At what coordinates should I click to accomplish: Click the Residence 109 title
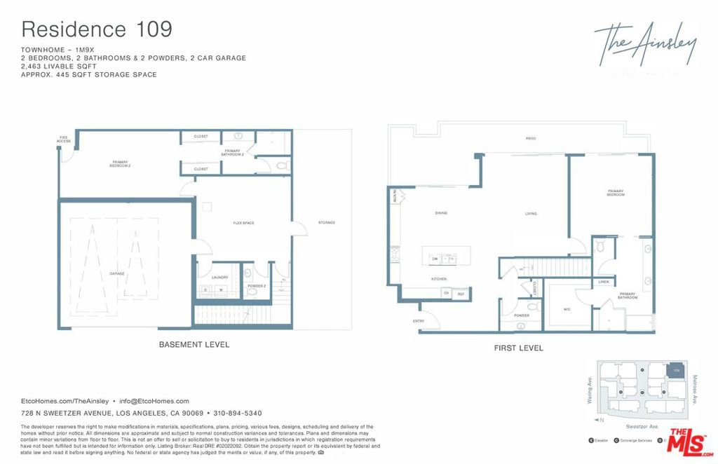(x=97, y=29)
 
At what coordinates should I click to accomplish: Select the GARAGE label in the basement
(x=116, y=273)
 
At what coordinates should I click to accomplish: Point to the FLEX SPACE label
(x=243, y=223)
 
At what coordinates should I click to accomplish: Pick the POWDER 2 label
(x=257, y=286)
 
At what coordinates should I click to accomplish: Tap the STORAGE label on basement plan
(x=327, y=223)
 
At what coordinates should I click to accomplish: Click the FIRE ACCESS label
(x=64, y=139)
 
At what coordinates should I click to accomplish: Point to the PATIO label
(x=531, y=138)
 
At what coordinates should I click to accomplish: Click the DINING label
(x=441, y=213)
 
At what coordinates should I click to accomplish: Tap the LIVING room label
(x=531, y=214)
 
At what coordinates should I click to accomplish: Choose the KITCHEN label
(x=438, y=279)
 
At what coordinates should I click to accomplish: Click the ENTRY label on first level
(x=419, y=321)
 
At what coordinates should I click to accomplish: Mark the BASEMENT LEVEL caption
(x=194, y=345)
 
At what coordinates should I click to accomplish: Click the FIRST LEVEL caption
(x=518, y=348)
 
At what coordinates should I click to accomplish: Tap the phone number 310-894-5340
(x=238, y=414)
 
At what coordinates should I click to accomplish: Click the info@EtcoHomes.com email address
(x=154, y=401)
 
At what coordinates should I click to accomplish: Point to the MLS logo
(x=691, y=442)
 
